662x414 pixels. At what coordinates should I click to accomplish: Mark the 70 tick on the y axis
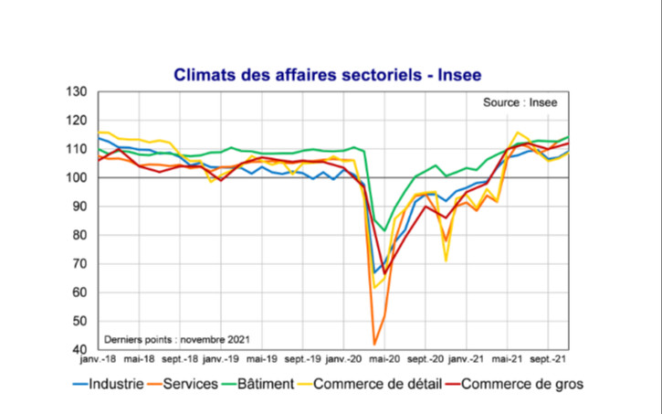pyautogui.click(x=79, y=263)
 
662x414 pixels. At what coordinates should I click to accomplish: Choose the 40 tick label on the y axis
pyautogui.click(x=79, y=349)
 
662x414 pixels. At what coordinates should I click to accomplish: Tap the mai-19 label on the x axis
pyautogui.click(x=261, y=361)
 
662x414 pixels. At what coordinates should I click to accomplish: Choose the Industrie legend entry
pyautogui.click(x=109, y=384)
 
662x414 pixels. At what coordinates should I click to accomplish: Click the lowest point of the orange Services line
pyautogui.click(x=374, y=345)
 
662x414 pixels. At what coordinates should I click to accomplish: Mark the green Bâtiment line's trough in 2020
pyautogui.click(x=384, y=230)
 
